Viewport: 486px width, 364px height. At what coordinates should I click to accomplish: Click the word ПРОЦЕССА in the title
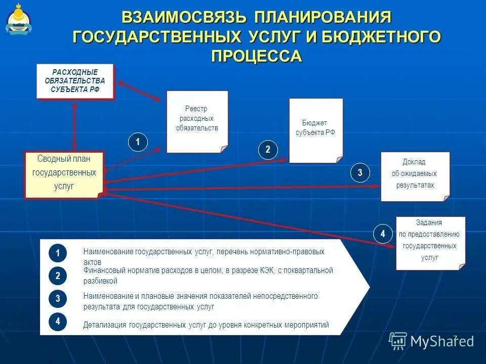[x=256, y=56]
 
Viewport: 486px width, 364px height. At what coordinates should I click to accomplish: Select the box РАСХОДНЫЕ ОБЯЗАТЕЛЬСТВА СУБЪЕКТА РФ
[x=75, y=81]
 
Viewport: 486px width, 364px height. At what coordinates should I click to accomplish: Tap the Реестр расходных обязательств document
[x=197, y=121]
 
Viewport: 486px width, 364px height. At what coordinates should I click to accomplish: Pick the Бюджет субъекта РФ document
[x=315, y=130]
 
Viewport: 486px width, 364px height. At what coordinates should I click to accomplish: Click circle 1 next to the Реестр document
[x=137, y=142]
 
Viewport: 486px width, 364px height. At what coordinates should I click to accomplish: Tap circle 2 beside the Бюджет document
[x=268, y=149]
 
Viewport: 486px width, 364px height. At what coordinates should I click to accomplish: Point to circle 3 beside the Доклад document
[x=360, y=173]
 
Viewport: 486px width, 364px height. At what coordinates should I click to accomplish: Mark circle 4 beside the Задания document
[x=383, y=234]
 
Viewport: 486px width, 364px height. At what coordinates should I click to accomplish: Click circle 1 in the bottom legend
[x=58, y=253]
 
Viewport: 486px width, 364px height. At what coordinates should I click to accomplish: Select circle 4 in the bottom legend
[x=58, y=321]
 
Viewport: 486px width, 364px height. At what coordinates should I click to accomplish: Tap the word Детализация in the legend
[x=105, y=325]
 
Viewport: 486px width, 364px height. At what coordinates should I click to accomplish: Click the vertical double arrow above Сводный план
[x=75, y=126]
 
